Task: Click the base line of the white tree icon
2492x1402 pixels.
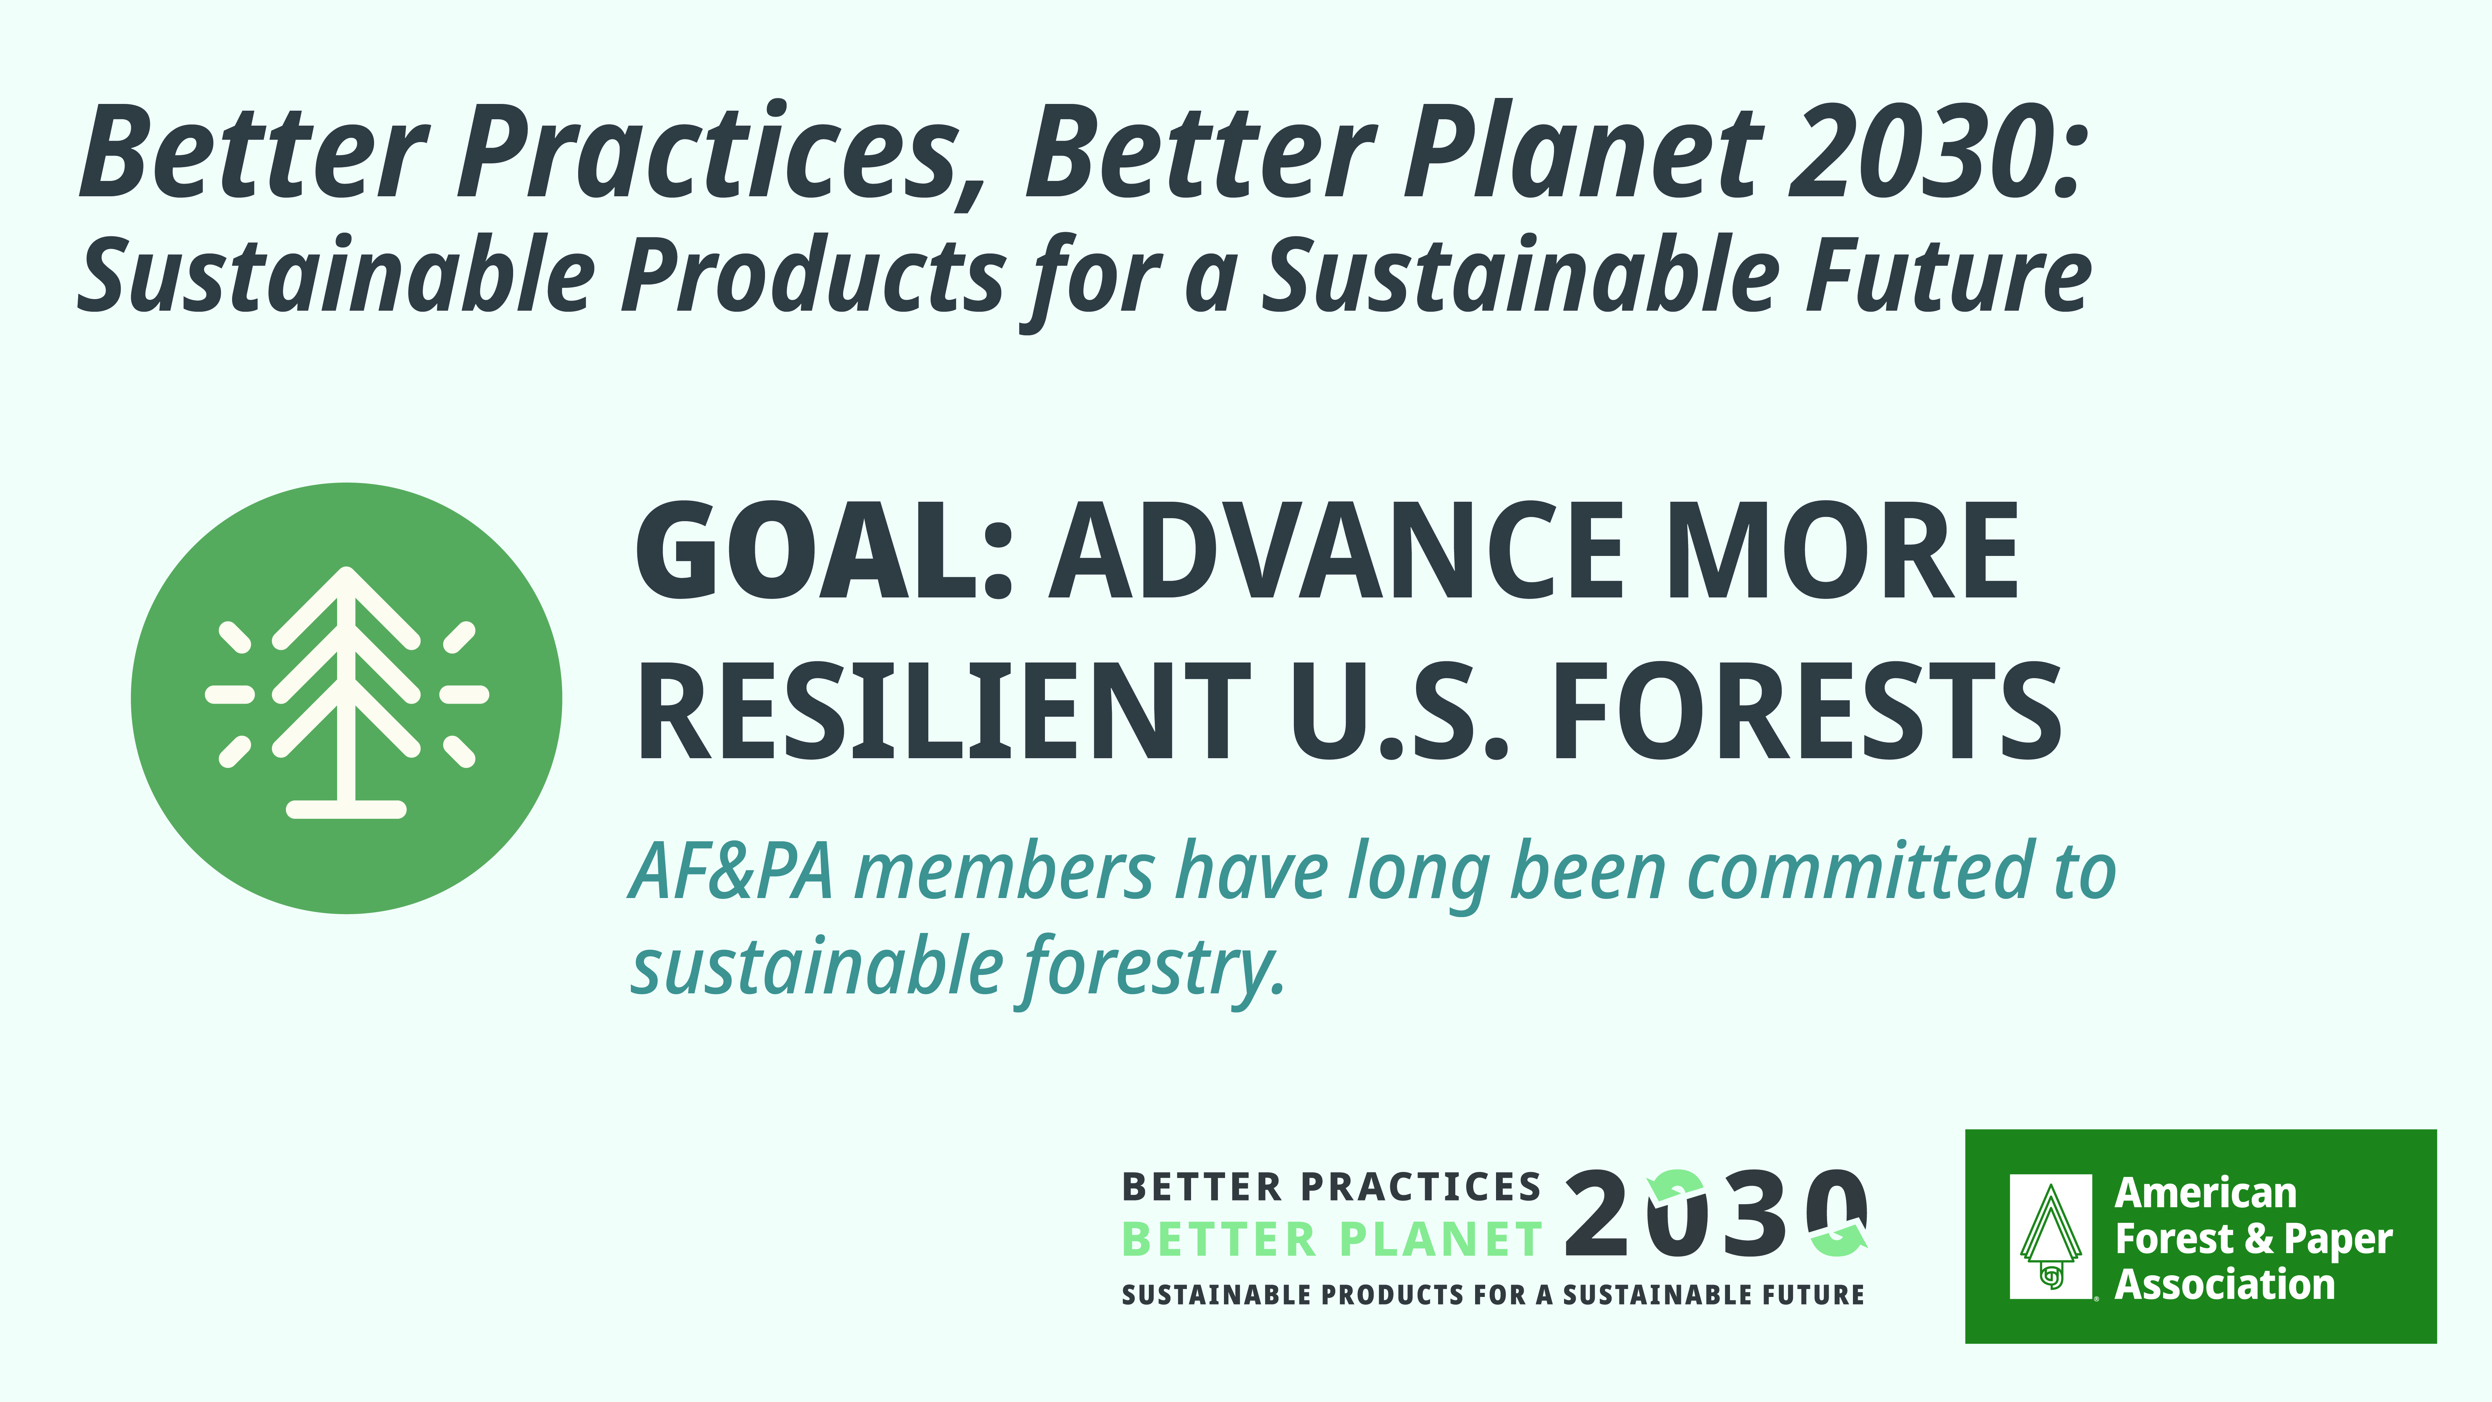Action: coord(346,810)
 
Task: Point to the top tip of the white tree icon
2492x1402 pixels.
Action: coord(346,569)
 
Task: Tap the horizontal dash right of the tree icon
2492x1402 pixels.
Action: coord(464,694)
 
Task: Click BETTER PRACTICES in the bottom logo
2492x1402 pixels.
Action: coord(1331,1186)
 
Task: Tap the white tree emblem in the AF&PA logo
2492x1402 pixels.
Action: coord(2050,1236)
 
